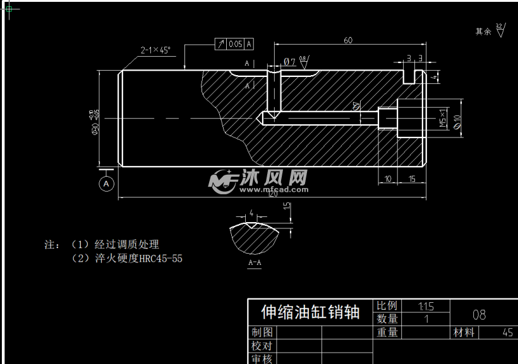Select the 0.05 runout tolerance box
(x=236, y=44)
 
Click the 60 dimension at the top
(x=347, y=40)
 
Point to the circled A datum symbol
(x=107, y=184)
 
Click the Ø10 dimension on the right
(x=457, y=119)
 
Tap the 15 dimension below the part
(x=411, y=179)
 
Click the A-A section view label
(x=255, y=262)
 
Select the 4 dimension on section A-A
(x=251, y=213)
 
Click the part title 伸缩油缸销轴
(x=310, y=312)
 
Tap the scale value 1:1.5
(x=426, y=306)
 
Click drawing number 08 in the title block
(x=479, y=314)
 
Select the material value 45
(x=507, y=332)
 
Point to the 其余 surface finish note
(x=483, y=31)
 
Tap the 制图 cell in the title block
(x=262, y=332)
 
